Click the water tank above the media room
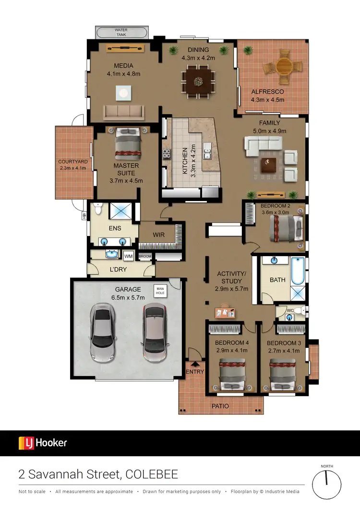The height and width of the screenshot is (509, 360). click(122, 33)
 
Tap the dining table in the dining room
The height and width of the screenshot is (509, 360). click(198, 82)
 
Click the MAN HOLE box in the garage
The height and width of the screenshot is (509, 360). click(159, 291)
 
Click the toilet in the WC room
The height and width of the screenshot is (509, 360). click(299, 311)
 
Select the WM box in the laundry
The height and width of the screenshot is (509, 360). click(128, 255)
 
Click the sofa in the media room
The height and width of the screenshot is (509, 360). click(124, 113)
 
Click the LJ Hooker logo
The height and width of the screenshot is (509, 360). click(43, 443)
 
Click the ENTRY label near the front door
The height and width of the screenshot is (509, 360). click(195, 371)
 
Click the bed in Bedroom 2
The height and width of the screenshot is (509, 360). click(286, 226)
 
